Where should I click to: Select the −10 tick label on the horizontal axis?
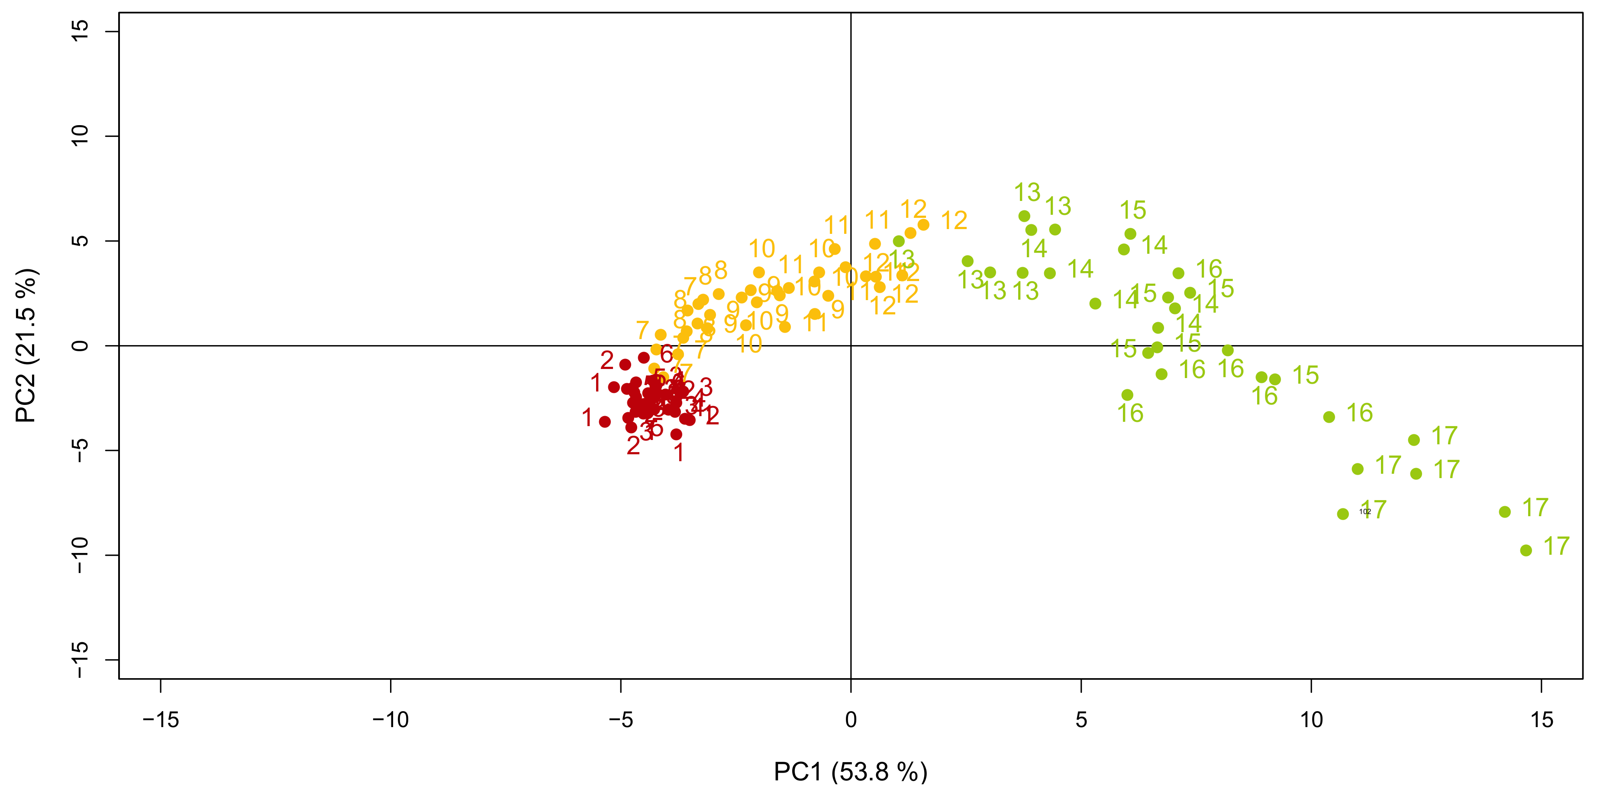(x=390, y=720)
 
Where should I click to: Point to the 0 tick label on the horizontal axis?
(x=851, y=720)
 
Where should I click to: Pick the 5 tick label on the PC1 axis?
(x=1081, y=720)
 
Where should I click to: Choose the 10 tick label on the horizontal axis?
(x=1311, y=720)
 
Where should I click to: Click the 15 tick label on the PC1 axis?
(x=1542, y=720)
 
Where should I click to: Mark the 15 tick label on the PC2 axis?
(x=80, y=31)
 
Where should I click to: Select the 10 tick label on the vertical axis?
(x=80, y=136)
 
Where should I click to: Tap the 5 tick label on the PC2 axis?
(x=80, y=241)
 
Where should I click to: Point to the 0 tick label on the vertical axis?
(x=80, y=346)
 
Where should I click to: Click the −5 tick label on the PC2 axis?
(x=80, y=450)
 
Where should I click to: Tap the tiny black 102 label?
(x=1365, y=512)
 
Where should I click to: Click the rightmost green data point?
(x=1526, y=550)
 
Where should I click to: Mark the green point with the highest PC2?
(x=1024, y=216)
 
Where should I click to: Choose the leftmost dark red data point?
(x=605, y=422)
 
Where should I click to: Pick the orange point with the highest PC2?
(x=924, y=225)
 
